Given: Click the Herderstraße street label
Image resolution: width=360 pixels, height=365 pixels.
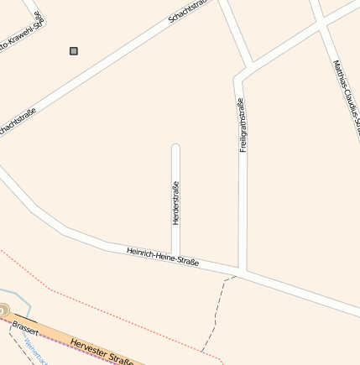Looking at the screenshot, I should click(x=176, y=203).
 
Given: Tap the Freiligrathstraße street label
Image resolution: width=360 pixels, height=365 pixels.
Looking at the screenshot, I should click(x=243, y=125).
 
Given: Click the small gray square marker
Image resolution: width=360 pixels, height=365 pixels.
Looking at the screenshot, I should click(x=74, y=51).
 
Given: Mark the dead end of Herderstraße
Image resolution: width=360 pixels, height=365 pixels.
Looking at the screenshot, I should click(x=176, y=148).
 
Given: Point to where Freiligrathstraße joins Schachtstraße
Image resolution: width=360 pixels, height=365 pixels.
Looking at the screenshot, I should click(x=251, y=67).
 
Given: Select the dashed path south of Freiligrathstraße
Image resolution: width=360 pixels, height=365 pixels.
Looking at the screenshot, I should click(x=215, y=315).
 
